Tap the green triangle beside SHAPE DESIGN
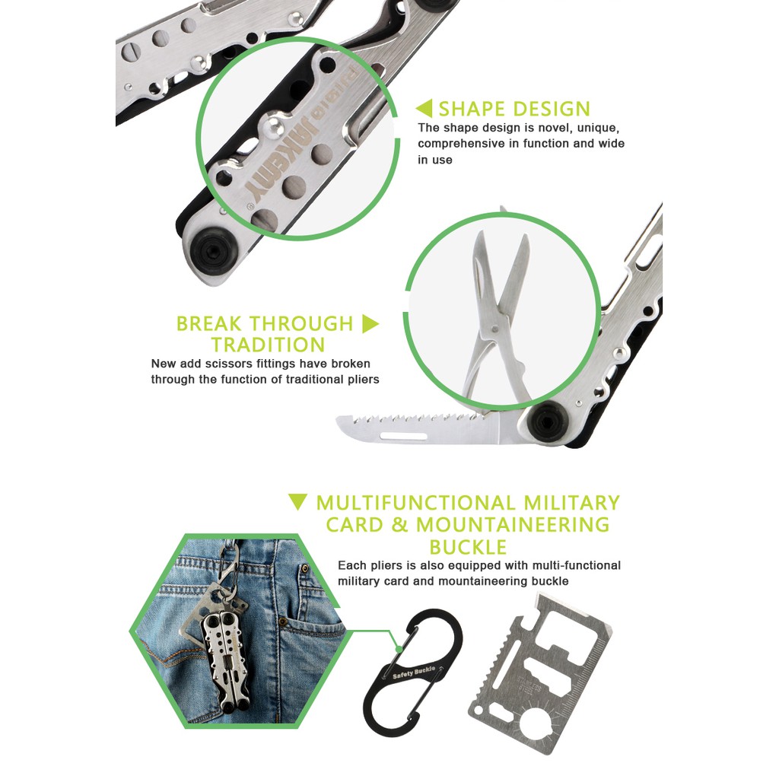click(x=424, y=109)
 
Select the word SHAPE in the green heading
click(x=472, y=109)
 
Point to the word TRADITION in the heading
click(x=269, y=345)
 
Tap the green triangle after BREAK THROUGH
click(x=370, y=324)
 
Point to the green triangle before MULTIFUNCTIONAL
click(x=298, y=502)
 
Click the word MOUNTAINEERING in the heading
click(x=513, y=524)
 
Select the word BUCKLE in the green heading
click(x=468, y=546)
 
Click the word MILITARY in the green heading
click(x=571, y=503)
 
